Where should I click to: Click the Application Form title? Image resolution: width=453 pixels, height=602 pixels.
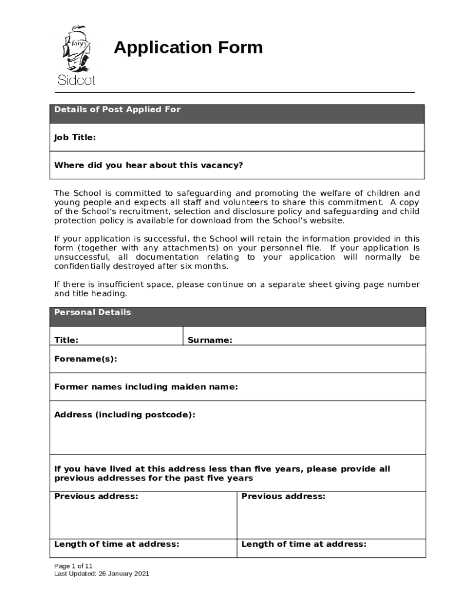point(188,48)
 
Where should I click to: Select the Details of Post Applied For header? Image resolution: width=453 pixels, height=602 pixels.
point(117,110)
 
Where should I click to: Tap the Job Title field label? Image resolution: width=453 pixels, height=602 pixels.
point(75,138)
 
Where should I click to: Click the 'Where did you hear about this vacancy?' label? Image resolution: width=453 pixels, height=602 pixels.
point(148,165)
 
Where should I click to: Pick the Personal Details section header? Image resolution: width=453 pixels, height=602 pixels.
point(92,313)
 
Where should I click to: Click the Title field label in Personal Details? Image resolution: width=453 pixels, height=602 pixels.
point(66,340)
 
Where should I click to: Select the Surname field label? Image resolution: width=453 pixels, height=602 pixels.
point(209,340)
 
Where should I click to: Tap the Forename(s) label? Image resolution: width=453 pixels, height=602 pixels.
point(85,359)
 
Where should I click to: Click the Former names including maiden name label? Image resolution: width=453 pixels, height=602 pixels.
point(146,387)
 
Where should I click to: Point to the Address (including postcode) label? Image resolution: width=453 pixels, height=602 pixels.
point(124,415)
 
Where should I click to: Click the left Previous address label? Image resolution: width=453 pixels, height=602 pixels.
point(96,496)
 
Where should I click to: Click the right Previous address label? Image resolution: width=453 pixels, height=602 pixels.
point(283,496)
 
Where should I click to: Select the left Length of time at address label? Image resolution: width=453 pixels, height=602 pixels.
point(116,544)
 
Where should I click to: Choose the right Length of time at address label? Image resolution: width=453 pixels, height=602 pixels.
point(304,544)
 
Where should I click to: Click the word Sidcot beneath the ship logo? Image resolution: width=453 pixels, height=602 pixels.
point(76,80)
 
